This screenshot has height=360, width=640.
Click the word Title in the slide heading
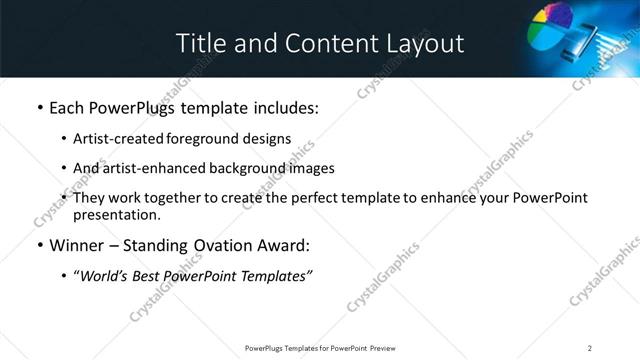tap(199, 43)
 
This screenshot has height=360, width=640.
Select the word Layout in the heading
tap(428, 43)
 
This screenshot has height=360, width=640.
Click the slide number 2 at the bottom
tap(590, 347)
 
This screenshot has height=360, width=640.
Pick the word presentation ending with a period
tap(117, 214)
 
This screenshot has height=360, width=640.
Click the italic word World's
tap(103, 275)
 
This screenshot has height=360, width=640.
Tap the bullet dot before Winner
tap(39, 245)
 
